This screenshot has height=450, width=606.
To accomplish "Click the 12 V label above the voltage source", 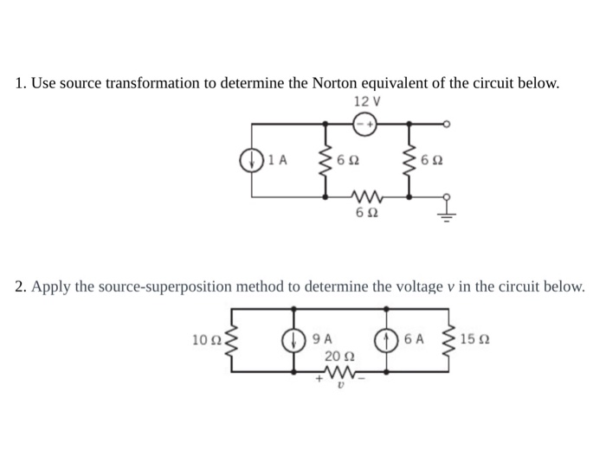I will tap(368, 101).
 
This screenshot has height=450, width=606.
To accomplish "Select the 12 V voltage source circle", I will tap(366, 124).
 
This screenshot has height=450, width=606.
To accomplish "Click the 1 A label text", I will tap(276, 159).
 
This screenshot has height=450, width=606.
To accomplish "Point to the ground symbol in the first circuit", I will tap(447, 214).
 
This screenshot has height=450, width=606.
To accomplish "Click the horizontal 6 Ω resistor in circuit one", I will tap(365, 197).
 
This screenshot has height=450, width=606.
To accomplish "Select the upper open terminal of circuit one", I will tap(447, 124).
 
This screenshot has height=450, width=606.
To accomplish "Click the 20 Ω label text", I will tap(338, 355).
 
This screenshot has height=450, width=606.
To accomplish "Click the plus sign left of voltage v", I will tap(319, 379).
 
